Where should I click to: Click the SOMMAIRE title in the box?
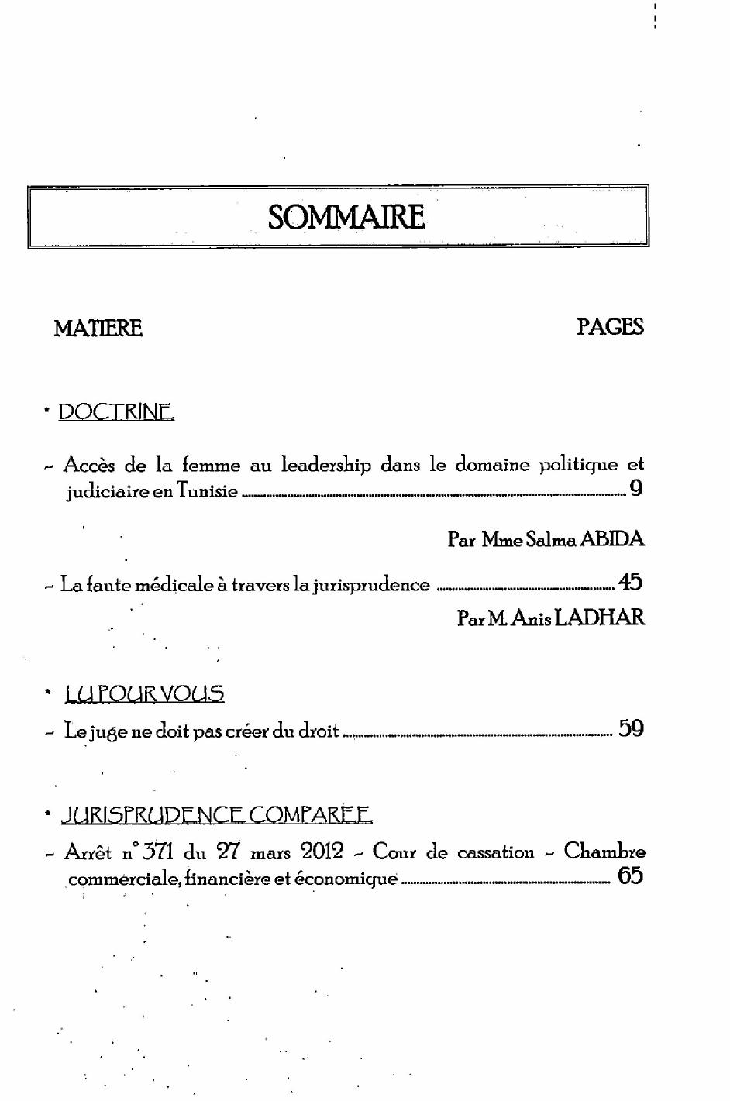pos(346,217)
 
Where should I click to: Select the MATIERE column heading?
pos(98,329)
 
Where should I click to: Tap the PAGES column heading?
pos(610,327)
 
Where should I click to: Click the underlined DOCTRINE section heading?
pos(116,411)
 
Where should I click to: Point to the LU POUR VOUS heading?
pos(145,693)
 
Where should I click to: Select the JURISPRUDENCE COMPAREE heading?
pos(216,815)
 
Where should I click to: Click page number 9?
pos(636,489)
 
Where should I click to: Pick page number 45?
pos(631,583)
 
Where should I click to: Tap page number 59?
pos(631,728)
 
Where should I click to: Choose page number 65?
pos(631,876)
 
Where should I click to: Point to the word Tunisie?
pos(207,491)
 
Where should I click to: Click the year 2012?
pos(322,852)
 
